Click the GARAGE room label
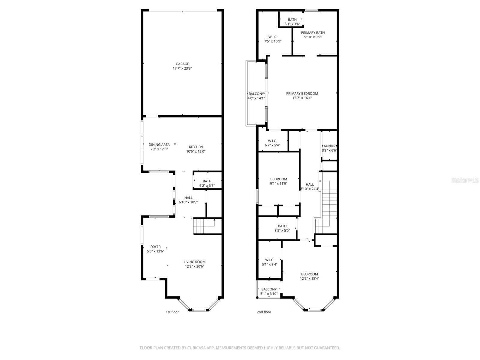pos(182,64)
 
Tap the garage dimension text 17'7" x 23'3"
pos(182,68)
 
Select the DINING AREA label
pos(159,145)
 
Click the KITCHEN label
pos(196,147)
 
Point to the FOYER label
pos(155,247)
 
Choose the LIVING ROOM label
pos(194,262)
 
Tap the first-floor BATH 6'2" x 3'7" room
pos(207,183)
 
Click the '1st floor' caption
pos(172,312)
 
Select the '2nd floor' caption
pos(264,312)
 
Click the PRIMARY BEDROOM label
pos(302,94)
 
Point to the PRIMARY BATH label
pos(313,33)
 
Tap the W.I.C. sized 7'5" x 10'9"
pos(273,39)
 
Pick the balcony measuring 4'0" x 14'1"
pos(256,96)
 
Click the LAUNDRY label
pos(329,146)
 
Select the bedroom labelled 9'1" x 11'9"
pos(279,181)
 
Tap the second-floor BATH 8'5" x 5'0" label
pos(282,226)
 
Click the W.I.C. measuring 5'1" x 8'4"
pos(269,262)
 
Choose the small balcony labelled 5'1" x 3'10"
pos(269,291)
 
